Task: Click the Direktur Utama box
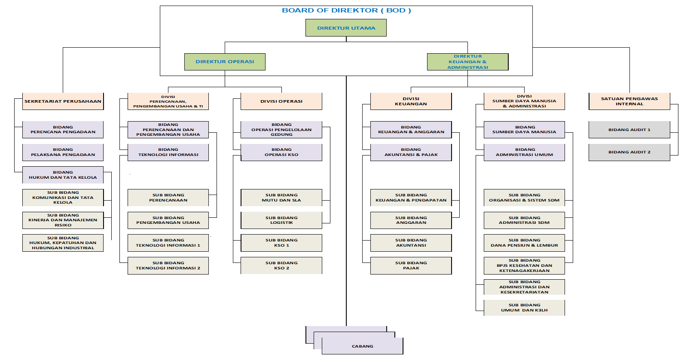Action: (346, 28)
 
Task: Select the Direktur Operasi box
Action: (225, 62)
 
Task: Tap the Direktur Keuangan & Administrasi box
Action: (467, 62)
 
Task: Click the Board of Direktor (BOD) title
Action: (346, 10)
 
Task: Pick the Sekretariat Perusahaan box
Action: (63, 101)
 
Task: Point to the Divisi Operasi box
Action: (281, 101)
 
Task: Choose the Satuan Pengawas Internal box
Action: (629, 101)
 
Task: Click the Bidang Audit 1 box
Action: (629, 130)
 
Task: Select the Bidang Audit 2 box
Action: (629, 152)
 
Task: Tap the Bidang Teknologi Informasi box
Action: (168, 152)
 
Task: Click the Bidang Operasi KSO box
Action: (281, 152)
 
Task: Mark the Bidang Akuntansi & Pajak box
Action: (411, 152)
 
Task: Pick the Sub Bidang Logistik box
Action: (281, 220)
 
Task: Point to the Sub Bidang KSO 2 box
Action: (281, 265)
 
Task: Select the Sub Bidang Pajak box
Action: (411, 265)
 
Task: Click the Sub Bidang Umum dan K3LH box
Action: (524, 308)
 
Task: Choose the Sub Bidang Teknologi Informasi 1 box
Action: (168, 243)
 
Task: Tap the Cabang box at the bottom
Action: (363, 346)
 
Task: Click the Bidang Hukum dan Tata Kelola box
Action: (63, 175)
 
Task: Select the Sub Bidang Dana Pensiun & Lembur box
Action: (524, 243)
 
